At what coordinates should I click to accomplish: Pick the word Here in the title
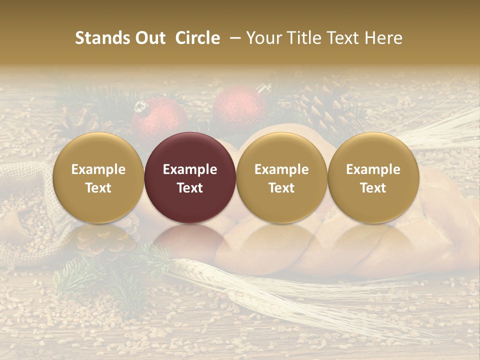point(383,38)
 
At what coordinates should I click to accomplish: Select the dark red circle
point(190,177)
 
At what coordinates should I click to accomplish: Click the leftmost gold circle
point(98,177)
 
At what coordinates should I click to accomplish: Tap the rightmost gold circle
point(373,177)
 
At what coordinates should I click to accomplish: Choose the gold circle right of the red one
point(281,177)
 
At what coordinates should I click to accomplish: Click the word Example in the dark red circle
point(190,169)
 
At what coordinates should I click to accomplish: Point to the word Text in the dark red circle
point(190,188)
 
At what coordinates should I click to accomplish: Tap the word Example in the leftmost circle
point(98,169)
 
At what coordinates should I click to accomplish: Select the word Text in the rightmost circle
point(373,188)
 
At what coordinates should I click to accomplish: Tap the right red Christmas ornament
point(240,107)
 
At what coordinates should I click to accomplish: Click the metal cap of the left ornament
point(140,106)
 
